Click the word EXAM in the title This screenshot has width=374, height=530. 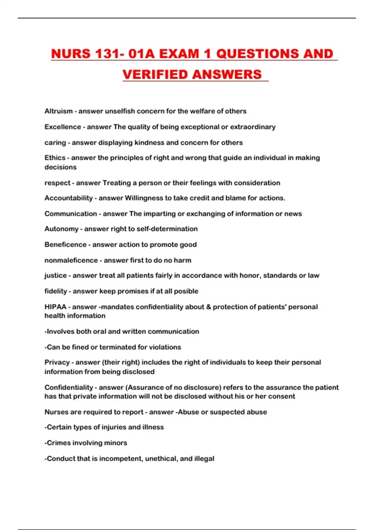[x=179, y=54]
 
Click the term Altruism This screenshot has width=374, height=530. [x=59, y=111]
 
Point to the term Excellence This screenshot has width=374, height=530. [x=63, y=127]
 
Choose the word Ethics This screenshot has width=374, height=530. [x=55, y=158]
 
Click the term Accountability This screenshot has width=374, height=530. [x=69, y=198]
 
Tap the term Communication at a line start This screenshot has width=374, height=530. [x=71, y=214]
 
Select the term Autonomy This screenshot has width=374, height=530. [x=61, y=229]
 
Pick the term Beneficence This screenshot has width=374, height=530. [x=65, y=244]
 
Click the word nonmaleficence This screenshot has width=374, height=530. [x=71, y=260]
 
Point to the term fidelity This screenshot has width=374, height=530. [x=56, y=291]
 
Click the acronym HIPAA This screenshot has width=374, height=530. [x=55, y=307]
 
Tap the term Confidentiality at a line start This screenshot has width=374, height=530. [x=69, y=388]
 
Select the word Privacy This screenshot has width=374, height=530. [x=57, y=362]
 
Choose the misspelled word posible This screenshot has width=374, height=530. [x=186, y=291]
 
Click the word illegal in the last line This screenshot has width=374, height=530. [x=204, y=459]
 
